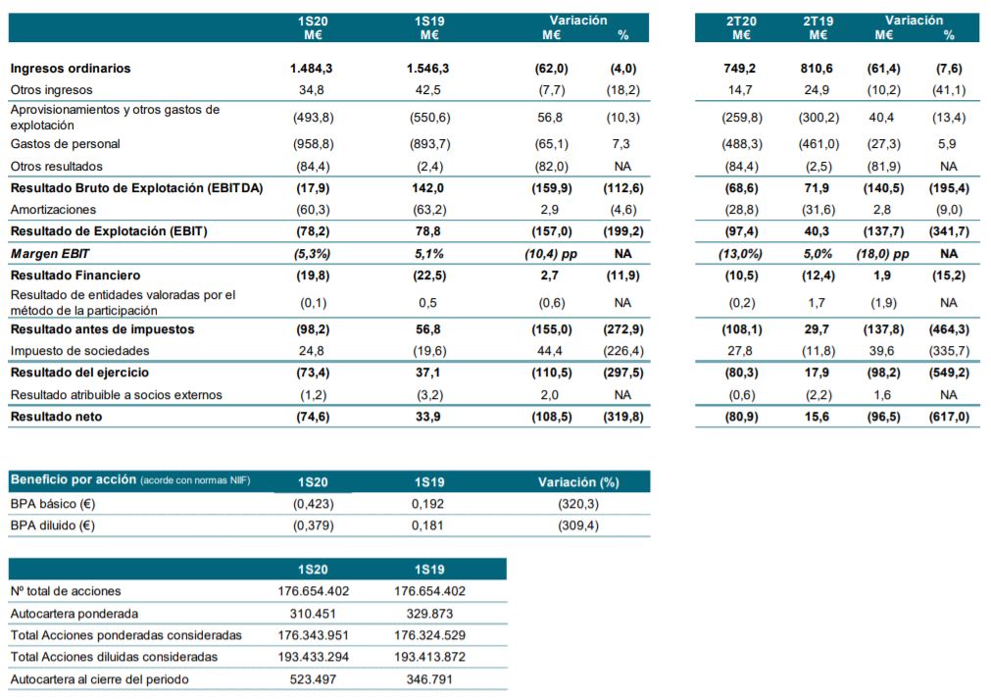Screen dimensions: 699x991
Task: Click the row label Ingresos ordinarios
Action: [x=71, y=69]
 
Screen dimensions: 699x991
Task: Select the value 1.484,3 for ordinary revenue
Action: [x=314, y=69]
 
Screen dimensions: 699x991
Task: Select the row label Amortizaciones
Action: [x=53, y=210]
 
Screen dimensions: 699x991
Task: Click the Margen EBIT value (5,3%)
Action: [x=314, y=254]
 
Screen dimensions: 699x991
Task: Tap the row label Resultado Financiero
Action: [x=75, y=275]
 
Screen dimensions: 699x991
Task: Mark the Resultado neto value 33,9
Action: [x=429, y=417]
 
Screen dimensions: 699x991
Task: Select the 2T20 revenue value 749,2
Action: [x=740, y=69]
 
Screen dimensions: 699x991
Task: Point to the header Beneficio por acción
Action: [x=73, y=481]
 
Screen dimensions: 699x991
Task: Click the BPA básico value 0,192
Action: [x=429, y=504]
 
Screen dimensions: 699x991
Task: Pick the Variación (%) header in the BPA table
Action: [x=579, y=481]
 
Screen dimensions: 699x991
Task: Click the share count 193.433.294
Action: [x=314, y=657]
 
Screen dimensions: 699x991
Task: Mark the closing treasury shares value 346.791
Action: [x=429, y=678]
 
